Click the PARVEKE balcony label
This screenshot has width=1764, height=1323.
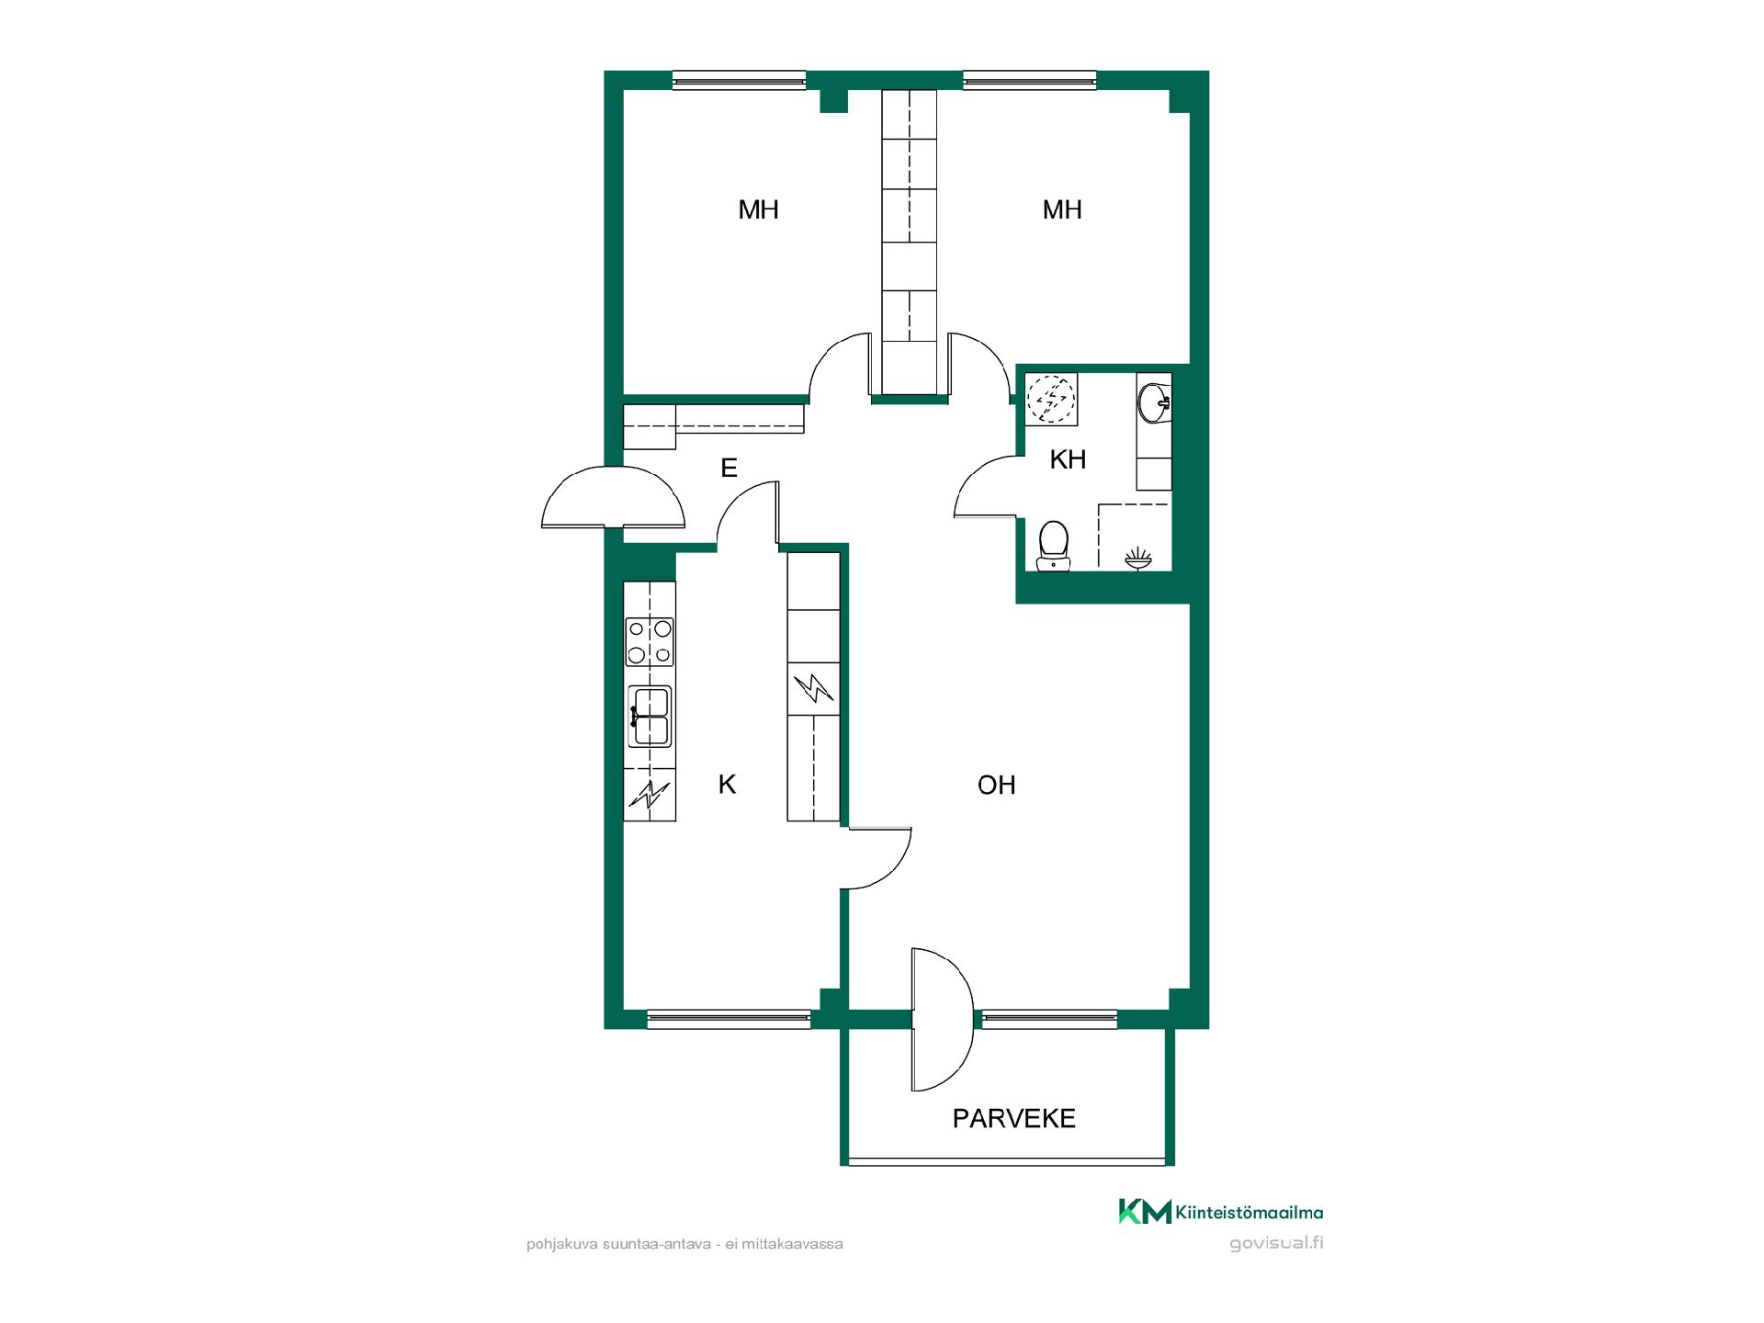(x=1013, y=1118)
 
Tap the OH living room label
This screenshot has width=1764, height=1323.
(x=997, y=785)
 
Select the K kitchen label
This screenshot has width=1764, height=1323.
(x=727, y=784)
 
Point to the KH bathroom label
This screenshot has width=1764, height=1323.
(x=1068, y=459)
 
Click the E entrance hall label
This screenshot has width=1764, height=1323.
(x=729, y=469)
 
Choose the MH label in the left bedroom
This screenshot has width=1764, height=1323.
(x=759, y=209)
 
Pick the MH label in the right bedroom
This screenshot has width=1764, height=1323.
(x=1062, y=209)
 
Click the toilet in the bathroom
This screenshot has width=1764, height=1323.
(x=1054, y=546)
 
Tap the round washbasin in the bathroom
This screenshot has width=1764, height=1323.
(x=1154, y=401)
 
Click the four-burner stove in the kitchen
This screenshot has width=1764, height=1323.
(x=650, y=641)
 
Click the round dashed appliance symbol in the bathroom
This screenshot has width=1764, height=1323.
(x=1051, y=400)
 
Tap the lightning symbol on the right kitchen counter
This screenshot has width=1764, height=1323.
(x=813, y=689)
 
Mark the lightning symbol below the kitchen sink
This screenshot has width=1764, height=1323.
(x=650, y=794)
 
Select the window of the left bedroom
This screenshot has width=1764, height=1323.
(x=739, y=81)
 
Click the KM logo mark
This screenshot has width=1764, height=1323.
(x=1145, y=1212)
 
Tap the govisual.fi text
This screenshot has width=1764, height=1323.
(x=1276, y=1245)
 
